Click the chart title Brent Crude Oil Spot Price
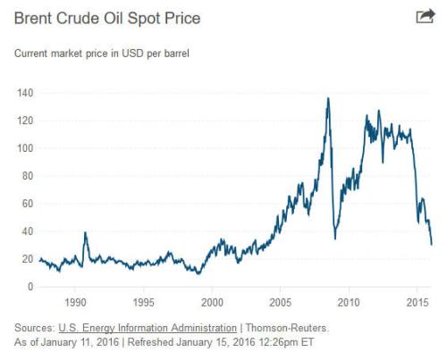tap(106, 18)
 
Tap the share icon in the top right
tap(425, 16)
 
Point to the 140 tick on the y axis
tap(24, 93)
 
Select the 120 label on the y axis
tap(24, 121)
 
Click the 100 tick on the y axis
tap(24, 148)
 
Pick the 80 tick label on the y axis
tap(27, 176)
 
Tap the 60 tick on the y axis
tap(27, 204)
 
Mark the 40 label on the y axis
tap(27, 231)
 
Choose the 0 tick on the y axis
tap(30, 287)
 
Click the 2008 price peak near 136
tap(328, 98)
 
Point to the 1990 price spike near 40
tap(84, 233)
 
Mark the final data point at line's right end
tap(432, 244)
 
